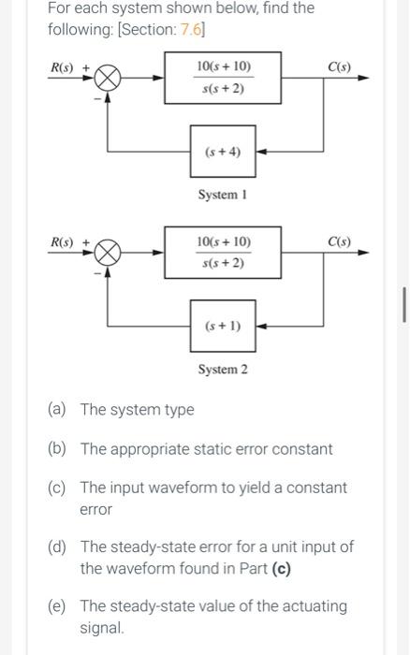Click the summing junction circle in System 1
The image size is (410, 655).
point(108,78)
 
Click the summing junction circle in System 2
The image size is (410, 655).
point(108,253)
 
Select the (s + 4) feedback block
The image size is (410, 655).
point(223,151)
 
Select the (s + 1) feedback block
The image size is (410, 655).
point(223,326)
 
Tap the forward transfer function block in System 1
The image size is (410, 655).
point(223,78)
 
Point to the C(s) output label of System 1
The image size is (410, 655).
point(340,66)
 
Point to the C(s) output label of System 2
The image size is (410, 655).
point(340,241)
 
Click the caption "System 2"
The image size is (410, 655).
point(223,369)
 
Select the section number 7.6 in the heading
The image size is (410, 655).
point(192,29)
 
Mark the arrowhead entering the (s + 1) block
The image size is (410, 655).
point(260,326)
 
